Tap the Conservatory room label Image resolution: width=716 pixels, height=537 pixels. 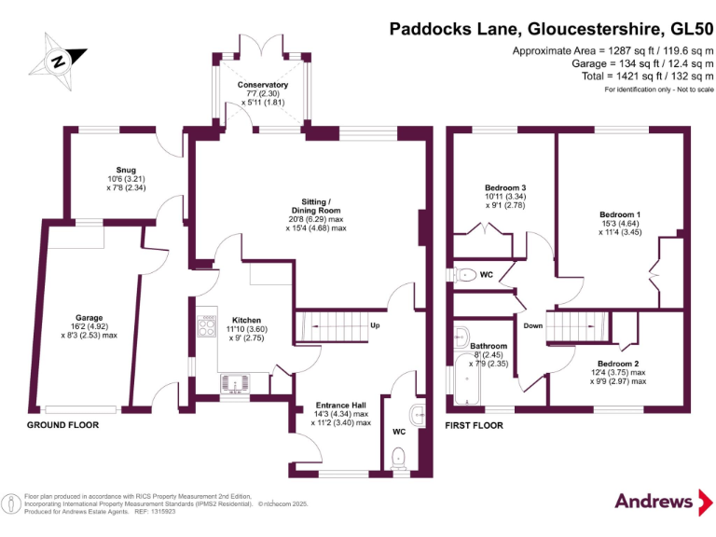point(262,85)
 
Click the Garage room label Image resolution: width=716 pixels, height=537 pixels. point(89,318)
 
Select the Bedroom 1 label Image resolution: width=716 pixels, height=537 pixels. point(619,214)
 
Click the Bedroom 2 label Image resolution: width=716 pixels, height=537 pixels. point(618,363)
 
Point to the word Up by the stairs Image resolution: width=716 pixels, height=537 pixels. point(375,326)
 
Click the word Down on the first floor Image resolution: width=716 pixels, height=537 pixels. point(532,326)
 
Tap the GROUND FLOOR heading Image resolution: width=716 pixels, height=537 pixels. point(64,425)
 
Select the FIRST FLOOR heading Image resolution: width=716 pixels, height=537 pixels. point(475,425)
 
